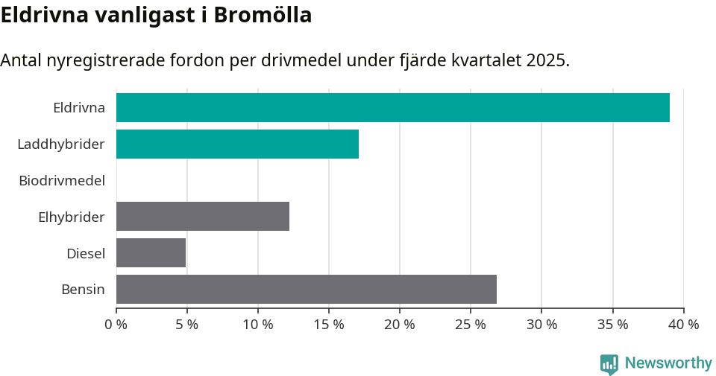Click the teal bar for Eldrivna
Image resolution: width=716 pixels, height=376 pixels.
tap(393, 107)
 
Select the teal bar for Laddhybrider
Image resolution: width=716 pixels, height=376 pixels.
tap(237, 144)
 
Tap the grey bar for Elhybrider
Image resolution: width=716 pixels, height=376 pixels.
tap(203, 217)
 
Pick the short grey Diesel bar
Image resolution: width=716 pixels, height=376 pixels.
tap(151, 253)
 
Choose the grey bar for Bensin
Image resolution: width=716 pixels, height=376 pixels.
tap(307, 289)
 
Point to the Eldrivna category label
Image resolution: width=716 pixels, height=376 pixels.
tap(79, 107)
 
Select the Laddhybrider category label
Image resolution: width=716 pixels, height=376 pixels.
tap(61, 144)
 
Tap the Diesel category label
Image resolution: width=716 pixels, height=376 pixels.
tap(86, 253)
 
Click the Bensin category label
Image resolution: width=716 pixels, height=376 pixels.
tap(83, 289)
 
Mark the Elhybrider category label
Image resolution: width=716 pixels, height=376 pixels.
tap(72, 217)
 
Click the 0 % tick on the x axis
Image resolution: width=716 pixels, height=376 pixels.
tap(116, 325)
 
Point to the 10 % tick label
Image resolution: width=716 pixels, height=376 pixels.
tap(258, 325)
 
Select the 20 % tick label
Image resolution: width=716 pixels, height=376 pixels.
tap(400, 325)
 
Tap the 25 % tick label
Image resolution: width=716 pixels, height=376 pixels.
tap(471, 325)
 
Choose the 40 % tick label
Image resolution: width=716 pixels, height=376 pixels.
tap(683, 325)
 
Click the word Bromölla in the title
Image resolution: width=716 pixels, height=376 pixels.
tap(263, 15)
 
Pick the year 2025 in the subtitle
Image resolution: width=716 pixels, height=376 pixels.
tap(547, 60)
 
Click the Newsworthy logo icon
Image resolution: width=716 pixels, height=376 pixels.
tap(609, 363)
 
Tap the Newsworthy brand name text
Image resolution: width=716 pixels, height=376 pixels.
tap(668, 363)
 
